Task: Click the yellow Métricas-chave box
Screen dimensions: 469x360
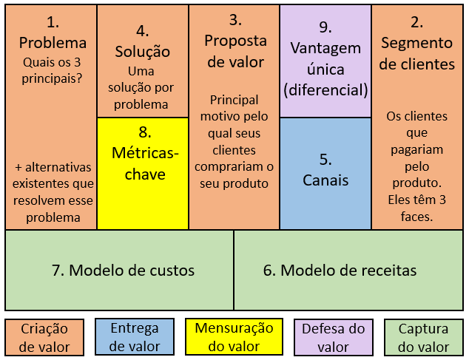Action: (x=143, y=174)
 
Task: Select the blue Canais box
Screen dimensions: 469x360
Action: (x=325, y=174)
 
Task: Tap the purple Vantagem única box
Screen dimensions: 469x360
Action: (x=325, y=61)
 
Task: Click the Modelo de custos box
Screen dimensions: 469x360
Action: (x=119, y=270)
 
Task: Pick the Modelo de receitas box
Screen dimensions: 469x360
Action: (x=348, y=270)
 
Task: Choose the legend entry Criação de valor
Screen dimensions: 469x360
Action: (x=44, y=338)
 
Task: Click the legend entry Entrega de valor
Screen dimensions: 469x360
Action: (x=135, y=337)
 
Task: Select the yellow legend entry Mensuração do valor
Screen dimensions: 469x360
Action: (x=234, y=337)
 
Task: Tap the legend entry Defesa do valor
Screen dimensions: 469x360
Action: (x=334, y=338)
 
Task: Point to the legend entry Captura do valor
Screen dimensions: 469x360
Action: (x=424, y=338)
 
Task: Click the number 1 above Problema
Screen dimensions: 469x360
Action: (x=53, y=22)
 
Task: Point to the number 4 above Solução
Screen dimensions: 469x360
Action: (x=142, y=31)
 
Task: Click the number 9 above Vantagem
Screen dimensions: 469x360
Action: (x=325, y=27)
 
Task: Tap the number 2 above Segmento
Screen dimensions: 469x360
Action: (x=417, y=22)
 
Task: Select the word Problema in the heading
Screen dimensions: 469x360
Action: (x=53, y=43)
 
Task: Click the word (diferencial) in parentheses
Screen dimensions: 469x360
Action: (x=325, y=89)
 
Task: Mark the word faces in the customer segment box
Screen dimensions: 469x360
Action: (x=417, y=216)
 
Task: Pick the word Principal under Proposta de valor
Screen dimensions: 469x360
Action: (x=234, y=101)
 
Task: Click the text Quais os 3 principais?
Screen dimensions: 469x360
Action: (x=52, y=70)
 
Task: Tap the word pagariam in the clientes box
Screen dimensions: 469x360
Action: (x=417, y=150)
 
